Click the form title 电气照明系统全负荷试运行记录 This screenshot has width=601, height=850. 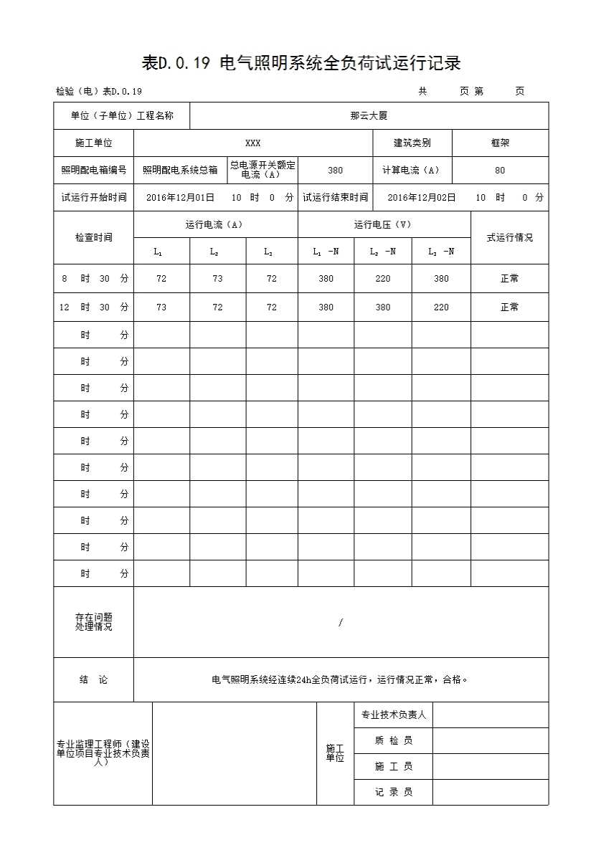(300, 64)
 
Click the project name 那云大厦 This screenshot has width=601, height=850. (369, 115)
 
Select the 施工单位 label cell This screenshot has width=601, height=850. (94, 143)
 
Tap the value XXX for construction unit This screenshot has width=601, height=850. (252, 143)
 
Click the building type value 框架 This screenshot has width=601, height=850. (500, 143)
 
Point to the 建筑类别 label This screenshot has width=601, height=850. (412, 143)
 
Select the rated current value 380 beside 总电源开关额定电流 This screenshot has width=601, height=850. (335, 171)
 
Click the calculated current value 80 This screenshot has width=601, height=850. (500, 171)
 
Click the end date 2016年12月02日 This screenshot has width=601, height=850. (422, 197)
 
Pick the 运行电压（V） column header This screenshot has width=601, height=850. (383, 224)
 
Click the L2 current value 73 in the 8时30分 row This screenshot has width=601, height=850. (217, 279)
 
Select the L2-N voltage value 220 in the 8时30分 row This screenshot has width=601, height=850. (383, 279)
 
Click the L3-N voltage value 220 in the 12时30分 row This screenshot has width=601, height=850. (441, 307)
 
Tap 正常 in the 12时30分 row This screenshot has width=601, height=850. (509, 307)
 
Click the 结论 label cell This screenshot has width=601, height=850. (93, 679)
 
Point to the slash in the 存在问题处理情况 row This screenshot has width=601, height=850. (341, 623)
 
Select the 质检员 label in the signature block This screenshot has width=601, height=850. (393, 740)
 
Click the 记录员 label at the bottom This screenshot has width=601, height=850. (393, 792)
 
